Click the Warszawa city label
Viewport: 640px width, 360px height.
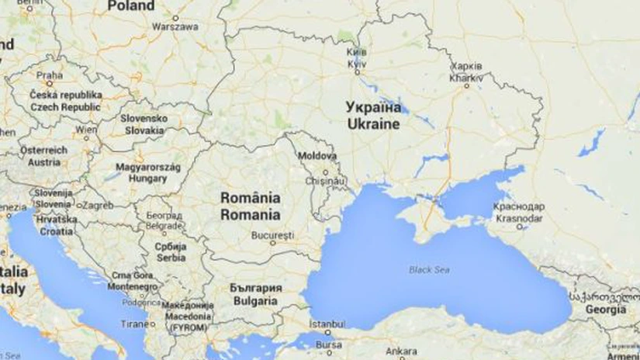(175, 26)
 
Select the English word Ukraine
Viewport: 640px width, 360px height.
(373, 124)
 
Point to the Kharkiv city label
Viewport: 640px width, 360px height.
(466, 78)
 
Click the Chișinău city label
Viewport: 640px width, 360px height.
(326, 180)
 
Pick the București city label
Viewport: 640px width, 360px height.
(272, 234)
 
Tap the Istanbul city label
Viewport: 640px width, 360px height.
(326, 323)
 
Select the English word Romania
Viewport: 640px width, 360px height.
(250, 214)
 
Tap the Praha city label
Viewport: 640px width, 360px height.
(50, 76)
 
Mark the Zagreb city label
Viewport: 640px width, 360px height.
(98, 207)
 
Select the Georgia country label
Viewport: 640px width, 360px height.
(606, 309)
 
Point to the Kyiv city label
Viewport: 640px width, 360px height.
(357, 64)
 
